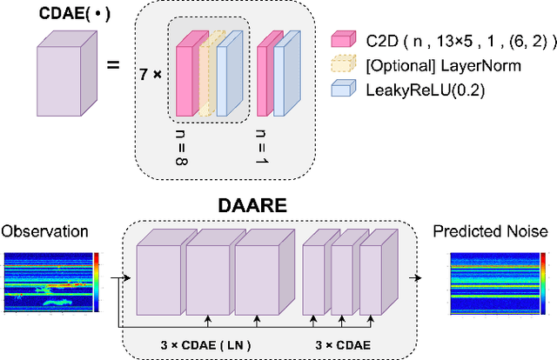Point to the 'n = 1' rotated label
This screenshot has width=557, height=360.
[x=263, y=143]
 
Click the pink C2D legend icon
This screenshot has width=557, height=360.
[x=344, y=39]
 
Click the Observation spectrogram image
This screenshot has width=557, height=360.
[x=50, y=283]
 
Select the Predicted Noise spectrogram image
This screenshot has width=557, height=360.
[x=491, y=283]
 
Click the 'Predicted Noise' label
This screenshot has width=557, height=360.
[x=492, y=231]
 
